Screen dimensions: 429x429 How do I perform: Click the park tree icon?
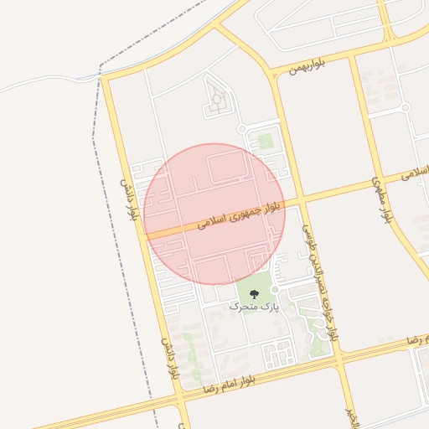pos(254,292)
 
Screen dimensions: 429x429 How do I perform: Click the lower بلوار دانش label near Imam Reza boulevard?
pos(172,359)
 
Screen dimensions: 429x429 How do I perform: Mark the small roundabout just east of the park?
pos(274,289)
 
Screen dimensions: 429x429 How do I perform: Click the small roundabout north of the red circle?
pos(241,128)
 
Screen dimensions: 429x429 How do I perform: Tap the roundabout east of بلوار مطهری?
pos(406,107)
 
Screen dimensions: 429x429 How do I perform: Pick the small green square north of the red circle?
pos(265,142)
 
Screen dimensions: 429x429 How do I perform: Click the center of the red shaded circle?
pos(214,214)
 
